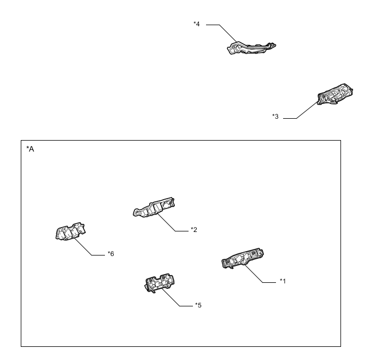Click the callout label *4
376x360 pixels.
pos(197,24)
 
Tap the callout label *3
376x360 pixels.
pos(275,117)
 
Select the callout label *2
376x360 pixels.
pos(194,230)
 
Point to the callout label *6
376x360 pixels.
pos(111,254)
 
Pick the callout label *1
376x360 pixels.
pos(283,281)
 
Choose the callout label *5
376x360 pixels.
pos(198,305)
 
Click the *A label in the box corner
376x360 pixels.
pos(30,149)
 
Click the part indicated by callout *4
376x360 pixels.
pos(251,48)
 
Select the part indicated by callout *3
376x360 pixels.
pos(335,94)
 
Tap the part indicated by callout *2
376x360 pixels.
pos(154,207)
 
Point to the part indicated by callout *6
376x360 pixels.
pos(70,231)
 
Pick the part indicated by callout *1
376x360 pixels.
pos(243,258)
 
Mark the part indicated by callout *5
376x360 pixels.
pos(160,283)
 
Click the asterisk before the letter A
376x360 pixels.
pos(27,147)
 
